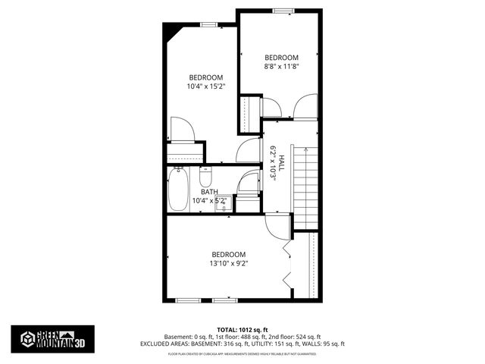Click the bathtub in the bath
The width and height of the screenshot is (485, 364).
(178, 188)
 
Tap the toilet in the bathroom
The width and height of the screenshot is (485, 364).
(205, 179)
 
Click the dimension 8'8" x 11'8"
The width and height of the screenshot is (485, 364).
(281, 66)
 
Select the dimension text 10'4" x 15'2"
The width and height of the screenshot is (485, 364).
(205, 86)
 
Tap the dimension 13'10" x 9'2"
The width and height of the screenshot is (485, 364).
(229, 263)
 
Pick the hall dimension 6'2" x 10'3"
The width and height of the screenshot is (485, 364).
(272, 162)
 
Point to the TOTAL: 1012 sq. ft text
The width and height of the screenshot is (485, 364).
(242, 329)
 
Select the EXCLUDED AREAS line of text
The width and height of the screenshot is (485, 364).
(242, 343)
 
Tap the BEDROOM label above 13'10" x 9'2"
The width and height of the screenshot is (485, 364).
(228, 254)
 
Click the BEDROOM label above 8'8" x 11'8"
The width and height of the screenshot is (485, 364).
(281, 58)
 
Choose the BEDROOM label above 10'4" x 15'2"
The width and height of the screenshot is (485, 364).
(205, 77)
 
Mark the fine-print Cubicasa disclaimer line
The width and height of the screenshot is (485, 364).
(242, 353)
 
